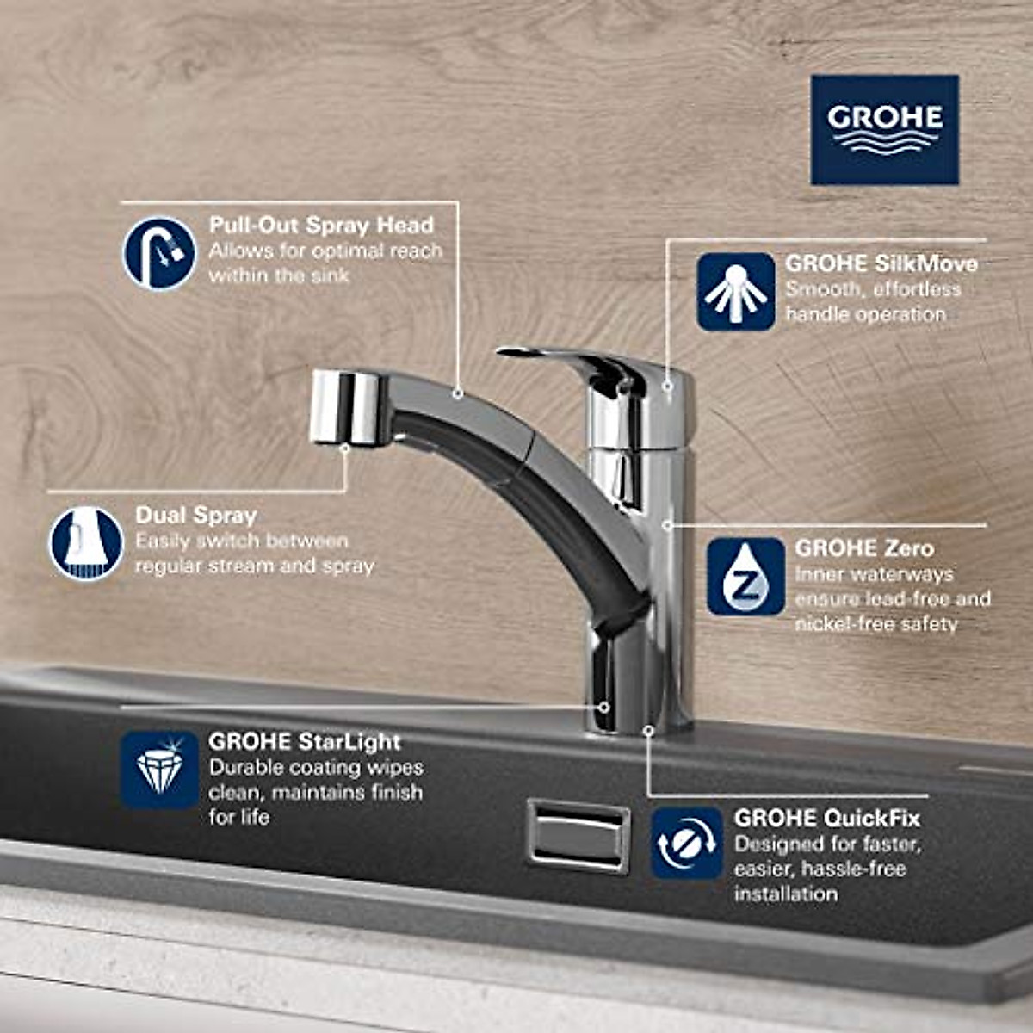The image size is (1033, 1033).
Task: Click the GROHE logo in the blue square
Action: tap(884, 129)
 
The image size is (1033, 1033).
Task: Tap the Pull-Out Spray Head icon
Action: tap(158, 253)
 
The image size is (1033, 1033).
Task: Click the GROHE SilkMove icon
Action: tap(735, 292)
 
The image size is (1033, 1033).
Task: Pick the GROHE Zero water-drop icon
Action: tap(745, 577)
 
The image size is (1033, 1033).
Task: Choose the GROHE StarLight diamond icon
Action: tap(158, 770)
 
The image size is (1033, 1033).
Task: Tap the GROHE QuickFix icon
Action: tap(686, 844)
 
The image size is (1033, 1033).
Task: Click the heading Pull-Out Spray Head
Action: tap(321, 226)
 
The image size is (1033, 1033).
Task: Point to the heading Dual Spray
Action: tap(196, 516)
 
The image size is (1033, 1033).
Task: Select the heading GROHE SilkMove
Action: tap(881, 263)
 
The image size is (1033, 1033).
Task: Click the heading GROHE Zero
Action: tap(864, 548)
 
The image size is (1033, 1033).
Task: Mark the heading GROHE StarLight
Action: tap(305, 742)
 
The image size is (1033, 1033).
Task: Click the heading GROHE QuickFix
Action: tap(826, 818)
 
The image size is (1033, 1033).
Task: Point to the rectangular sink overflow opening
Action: tap(578, 834)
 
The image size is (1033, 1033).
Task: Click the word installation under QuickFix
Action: tap(785, 894)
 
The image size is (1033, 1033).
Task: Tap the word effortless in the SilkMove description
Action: tap(917, 289)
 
